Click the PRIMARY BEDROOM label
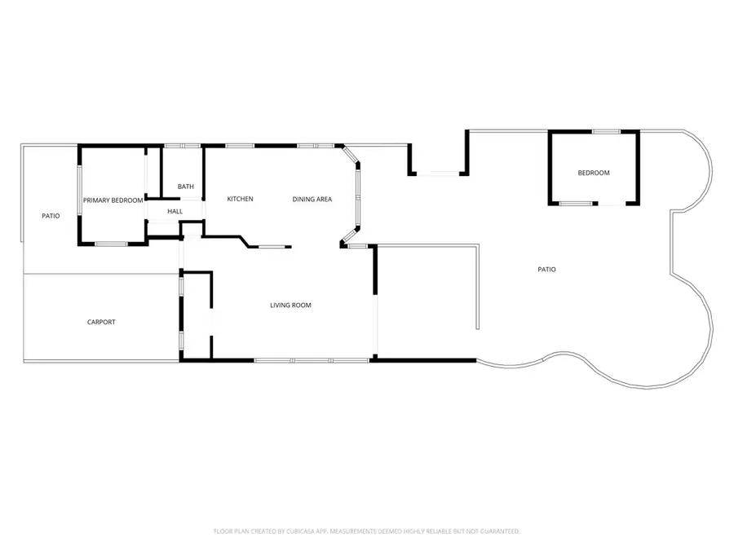(113, 200)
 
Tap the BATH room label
(186, 187)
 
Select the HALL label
(175, 212)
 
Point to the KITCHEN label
(240, 199)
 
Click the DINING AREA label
(312, 199)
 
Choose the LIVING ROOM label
(290, 306)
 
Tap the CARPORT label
(101, 322)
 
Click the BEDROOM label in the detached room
(594, 173)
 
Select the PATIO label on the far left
(51, 216)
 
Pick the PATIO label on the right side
(546, 269)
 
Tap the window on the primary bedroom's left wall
(79, 191)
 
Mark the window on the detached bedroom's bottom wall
(577, 203)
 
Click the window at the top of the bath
(182, 146)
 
